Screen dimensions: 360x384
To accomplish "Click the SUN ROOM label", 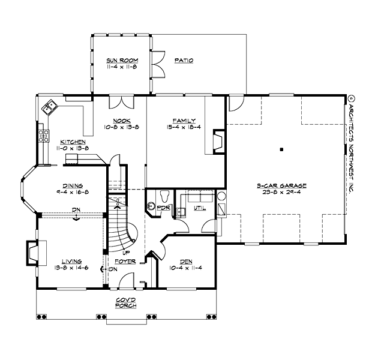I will [120, 61].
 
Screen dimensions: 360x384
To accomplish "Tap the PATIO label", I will [184, 61].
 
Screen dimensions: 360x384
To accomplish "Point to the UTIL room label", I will [199, 208].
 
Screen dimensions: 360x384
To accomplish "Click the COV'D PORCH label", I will [127, 302].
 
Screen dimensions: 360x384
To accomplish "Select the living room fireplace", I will [31, 252].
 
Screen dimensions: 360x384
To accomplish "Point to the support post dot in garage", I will [281, 148].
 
